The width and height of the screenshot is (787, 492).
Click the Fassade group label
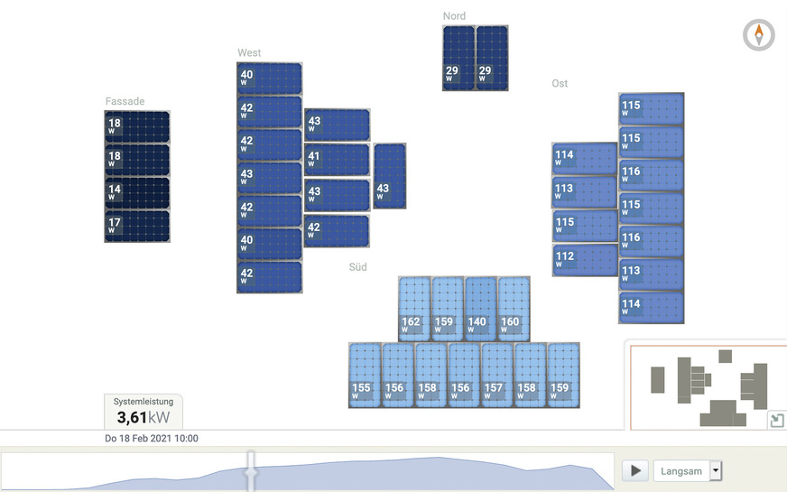coord(125,102)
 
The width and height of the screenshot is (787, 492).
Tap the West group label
coord(249,53)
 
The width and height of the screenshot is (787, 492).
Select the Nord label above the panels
coord(454,16)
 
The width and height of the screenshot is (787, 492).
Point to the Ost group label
coord(560,84)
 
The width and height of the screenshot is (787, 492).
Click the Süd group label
coord(358,267)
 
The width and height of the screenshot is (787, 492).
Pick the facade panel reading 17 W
coord(137,226)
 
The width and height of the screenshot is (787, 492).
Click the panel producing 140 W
coord(481,309)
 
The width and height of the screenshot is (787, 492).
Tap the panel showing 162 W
coord(414,309)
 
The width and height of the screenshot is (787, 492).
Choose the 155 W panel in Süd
coord(365,376)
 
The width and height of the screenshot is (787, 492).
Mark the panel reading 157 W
coord(497,376)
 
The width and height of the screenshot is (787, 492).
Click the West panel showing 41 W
coord(337,160)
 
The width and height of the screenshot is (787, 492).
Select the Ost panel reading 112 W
coord(584,260)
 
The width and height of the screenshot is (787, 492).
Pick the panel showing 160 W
coord(514,309)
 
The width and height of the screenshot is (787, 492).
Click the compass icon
coord(759,35)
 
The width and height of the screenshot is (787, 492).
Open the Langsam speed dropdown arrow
coord(717,470)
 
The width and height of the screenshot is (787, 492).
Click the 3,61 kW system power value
coord(143,417)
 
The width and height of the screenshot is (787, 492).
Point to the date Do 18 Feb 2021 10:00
coord(152,439)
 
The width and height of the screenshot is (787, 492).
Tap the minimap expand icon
coord(776,421)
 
